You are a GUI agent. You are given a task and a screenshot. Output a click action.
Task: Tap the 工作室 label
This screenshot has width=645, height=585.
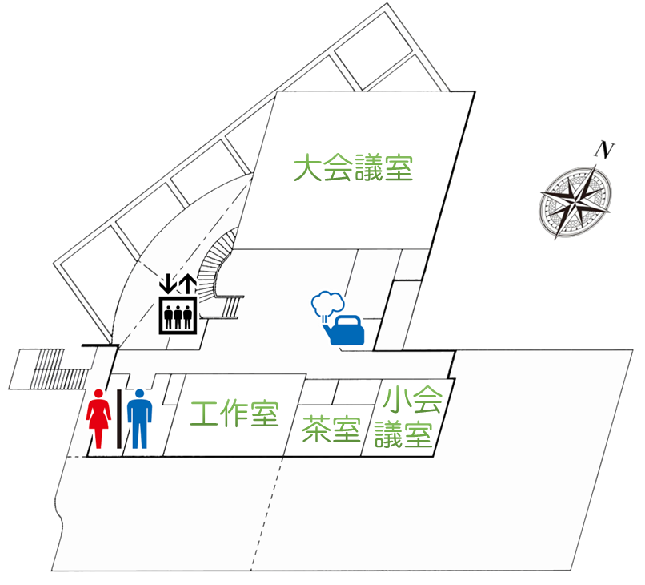click(234, 414)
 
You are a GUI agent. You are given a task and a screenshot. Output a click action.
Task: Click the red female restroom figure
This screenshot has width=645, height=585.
click(99, 418)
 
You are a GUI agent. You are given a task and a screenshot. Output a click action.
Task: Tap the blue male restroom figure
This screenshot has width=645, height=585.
click(139, 418)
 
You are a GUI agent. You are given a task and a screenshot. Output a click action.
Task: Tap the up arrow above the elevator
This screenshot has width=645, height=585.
click(187, 284)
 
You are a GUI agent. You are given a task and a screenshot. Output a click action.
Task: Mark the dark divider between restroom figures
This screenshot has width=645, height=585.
click(119, 418)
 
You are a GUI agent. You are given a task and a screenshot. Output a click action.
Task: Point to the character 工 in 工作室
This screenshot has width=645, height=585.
click(205, 414)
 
